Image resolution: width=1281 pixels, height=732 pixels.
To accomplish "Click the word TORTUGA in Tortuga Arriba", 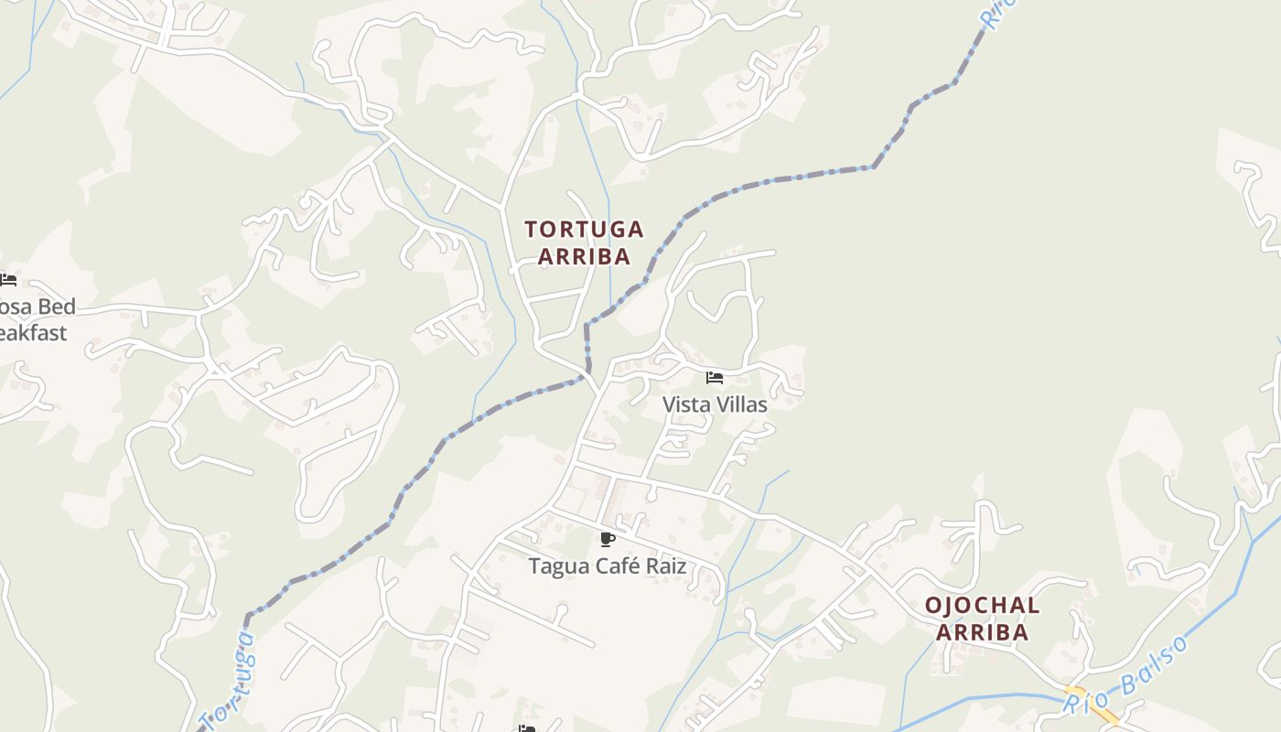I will click(x=584, y=229).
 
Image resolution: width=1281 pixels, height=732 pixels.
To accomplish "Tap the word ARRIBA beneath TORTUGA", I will click(x=584, y=256).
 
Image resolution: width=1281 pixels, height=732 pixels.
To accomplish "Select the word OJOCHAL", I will click(x=982, y=605).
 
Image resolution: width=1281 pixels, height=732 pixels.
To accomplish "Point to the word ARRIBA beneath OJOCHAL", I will click(x=982, y=632).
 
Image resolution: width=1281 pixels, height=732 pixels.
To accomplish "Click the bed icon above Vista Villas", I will click(x=715, y=378).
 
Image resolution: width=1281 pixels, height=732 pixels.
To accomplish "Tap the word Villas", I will click(x=741, y=404).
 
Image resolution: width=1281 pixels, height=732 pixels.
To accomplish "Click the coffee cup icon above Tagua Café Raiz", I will click(x=607, y=539).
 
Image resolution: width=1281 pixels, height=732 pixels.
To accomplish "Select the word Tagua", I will click(x=559, y=566).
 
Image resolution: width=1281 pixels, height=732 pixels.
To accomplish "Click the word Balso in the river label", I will click(x=1157, y=664).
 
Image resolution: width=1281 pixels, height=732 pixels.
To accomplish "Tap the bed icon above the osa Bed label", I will click(x=8, y=280).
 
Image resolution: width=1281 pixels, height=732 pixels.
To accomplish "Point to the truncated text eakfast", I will click(x=33, y=333).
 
